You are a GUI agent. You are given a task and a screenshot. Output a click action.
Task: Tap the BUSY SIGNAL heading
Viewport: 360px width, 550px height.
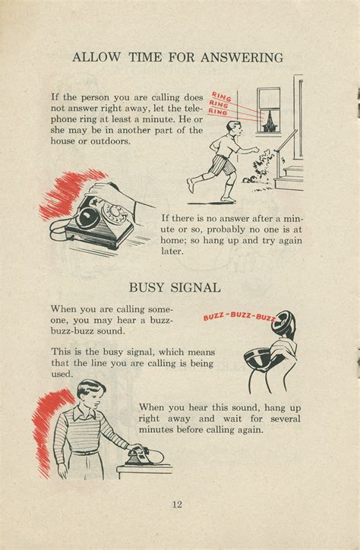point(175,287)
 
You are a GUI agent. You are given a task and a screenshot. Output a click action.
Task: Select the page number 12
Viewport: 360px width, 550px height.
point(176,504)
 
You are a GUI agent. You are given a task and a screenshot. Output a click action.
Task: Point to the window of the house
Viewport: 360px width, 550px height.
point(268,109)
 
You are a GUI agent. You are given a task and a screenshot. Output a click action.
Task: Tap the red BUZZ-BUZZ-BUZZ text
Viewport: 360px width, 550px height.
point(239,316)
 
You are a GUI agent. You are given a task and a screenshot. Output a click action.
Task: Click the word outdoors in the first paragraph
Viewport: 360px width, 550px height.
point(109,141)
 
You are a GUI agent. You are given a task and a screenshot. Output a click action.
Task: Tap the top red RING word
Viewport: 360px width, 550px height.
point(221,96)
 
